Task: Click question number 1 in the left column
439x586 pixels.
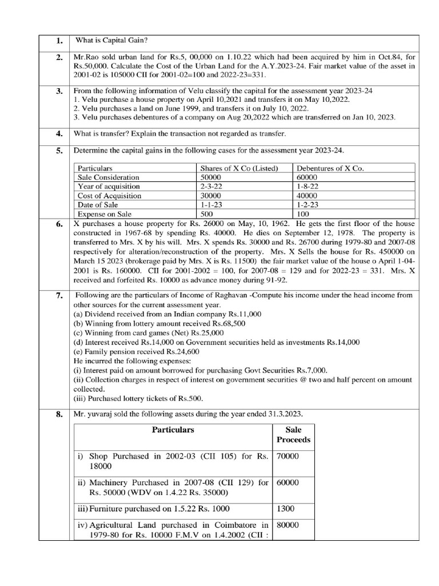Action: click(59, 41)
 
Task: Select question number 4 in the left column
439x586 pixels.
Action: click(59, 134)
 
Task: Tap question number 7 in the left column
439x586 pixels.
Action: click(59, 296)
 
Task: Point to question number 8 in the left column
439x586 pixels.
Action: click(59, 414)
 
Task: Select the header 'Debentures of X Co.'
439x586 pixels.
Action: click(330, 169)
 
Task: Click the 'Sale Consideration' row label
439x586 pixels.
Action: click(109, 177)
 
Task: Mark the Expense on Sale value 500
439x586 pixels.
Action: click(207, 213)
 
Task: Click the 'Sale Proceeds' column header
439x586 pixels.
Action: click(293, 434)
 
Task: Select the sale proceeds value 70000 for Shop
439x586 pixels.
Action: click(288, 456)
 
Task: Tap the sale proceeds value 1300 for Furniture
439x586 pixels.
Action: click(285, 508)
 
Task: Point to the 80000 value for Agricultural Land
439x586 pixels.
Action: click(288, 525)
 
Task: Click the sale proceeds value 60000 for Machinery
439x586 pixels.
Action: click(288, 482)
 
